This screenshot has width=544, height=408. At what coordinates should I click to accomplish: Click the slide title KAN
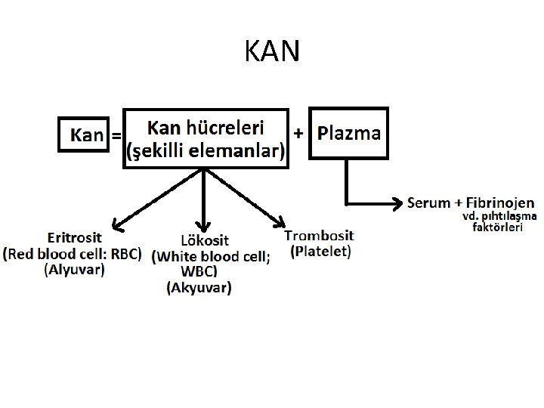[273, 51]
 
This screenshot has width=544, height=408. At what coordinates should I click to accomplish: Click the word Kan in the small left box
[86, 135]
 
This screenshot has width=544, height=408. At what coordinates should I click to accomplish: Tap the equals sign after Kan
[116, 136]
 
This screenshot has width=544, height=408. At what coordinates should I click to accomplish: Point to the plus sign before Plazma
[298, 133]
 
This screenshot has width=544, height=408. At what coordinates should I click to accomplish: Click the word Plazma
[349, 134]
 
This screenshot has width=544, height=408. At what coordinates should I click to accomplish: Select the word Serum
[428, 202]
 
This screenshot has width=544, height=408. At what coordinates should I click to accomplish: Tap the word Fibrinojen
[499, 202]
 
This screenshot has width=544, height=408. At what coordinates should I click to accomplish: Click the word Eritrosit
[74, 238]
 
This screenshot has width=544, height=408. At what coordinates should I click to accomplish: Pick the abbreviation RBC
[123, 254]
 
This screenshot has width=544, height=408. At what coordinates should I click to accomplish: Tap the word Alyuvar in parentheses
[74, 269]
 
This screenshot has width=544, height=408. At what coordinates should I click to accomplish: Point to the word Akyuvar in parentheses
[199, 287]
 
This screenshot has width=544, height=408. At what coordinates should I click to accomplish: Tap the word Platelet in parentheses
[320, 252]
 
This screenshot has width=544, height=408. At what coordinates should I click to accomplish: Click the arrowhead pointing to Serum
[400, 202]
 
